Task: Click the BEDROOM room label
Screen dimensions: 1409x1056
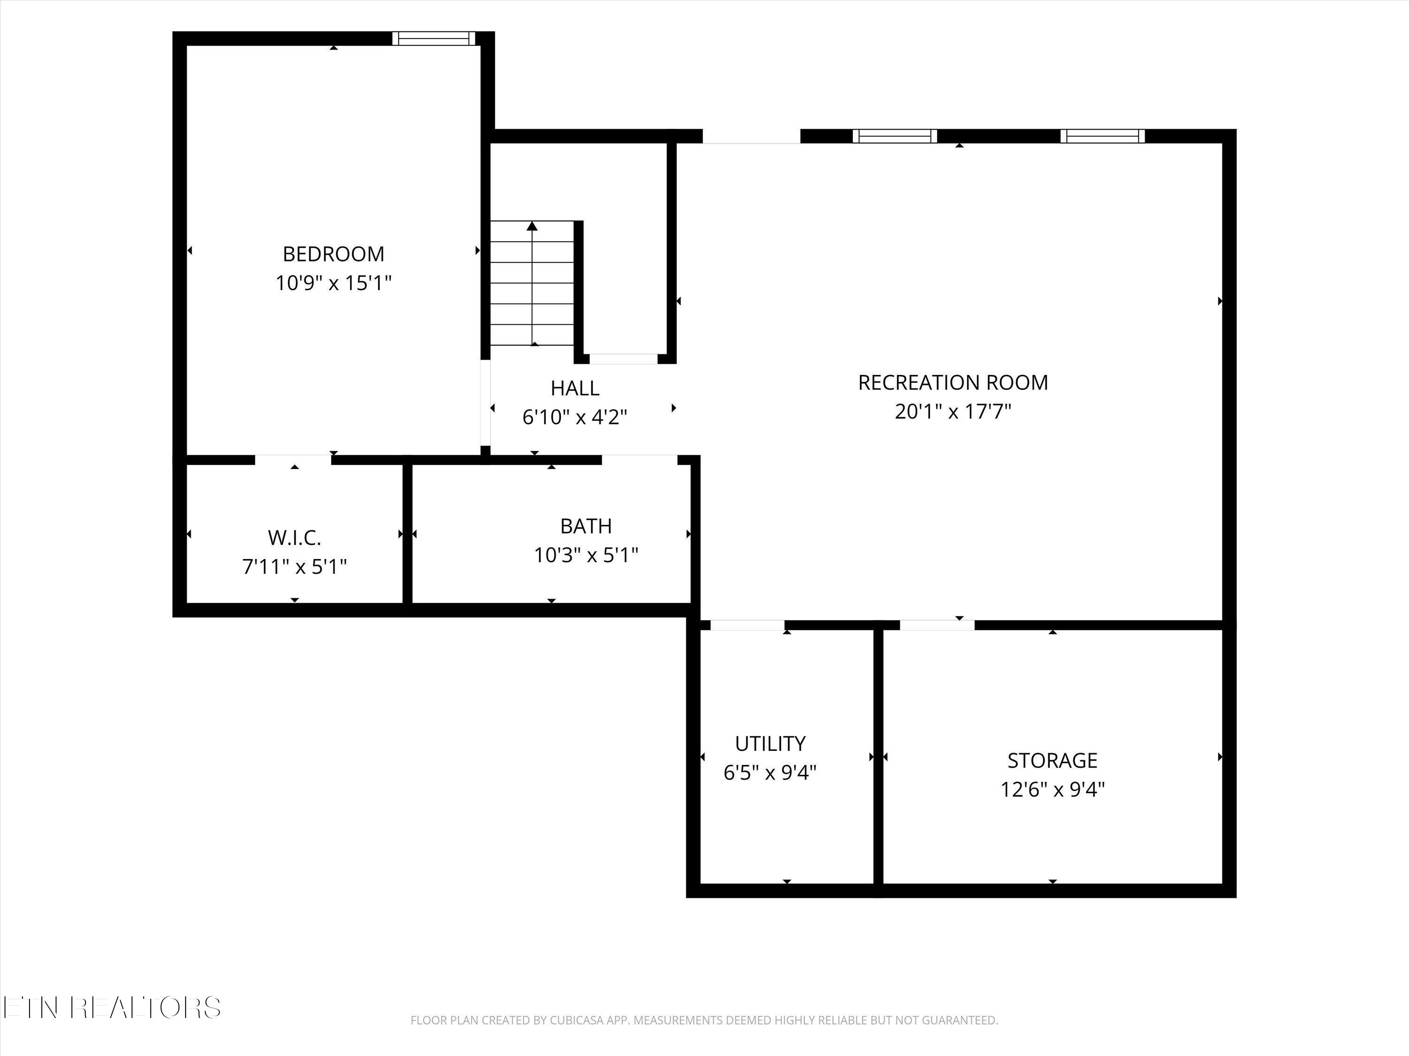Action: coord(333,254)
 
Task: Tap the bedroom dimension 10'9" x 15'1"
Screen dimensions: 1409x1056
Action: coord(333,283)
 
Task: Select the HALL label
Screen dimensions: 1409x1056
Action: coord(574,388)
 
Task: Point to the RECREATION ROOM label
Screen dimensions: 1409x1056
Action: coord(953,383)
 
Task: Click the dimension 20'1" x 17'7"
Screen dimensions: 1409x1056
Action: coord(953,412)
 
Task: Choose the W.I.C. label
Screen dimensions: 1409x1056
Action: coord(294,538)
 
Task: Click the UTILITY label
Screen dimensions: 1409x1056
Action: coord(770,743)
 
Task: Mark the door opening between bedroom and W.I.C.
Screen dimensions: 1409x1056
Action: coord(294,459)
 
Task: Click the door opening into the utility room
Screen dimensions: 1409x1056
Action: coord(747,625)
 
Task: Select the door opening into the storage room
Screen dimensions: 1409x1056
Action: coord(937,625)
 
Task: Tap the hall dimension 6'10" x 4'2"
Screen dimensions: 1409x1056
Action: coord(574,417)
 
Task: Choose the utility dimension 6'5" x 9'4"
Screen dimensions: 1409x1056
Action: coord(770,772)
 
